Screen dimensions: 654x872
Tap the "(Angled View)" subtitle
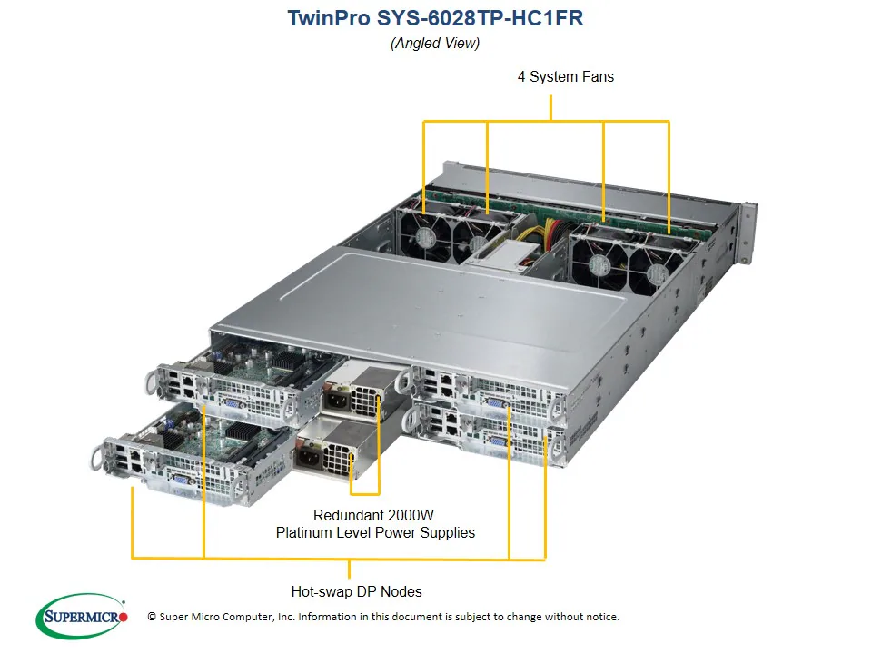(435, 43)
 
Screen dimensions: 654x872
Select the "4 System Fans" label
(565, 77)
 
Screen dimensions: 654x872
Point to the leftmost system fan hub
(426, 238)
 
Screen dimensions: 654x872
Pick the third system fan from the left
(598, 264)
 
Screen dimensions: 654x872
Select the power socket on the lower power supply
(309, 458)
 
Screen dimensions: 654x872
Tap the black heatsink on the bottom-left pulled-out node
(242, 431)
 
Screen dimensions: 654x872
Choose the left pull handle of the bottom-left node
(97, 457)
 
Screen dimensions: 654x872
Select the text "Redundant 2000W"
(374, 514)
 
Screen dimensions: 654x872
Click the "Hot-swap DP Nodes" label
(356, 591)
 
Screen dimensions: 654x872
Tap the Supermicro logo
(82, 618)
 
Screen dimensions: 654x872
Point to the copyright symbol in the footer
(152, 617)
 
